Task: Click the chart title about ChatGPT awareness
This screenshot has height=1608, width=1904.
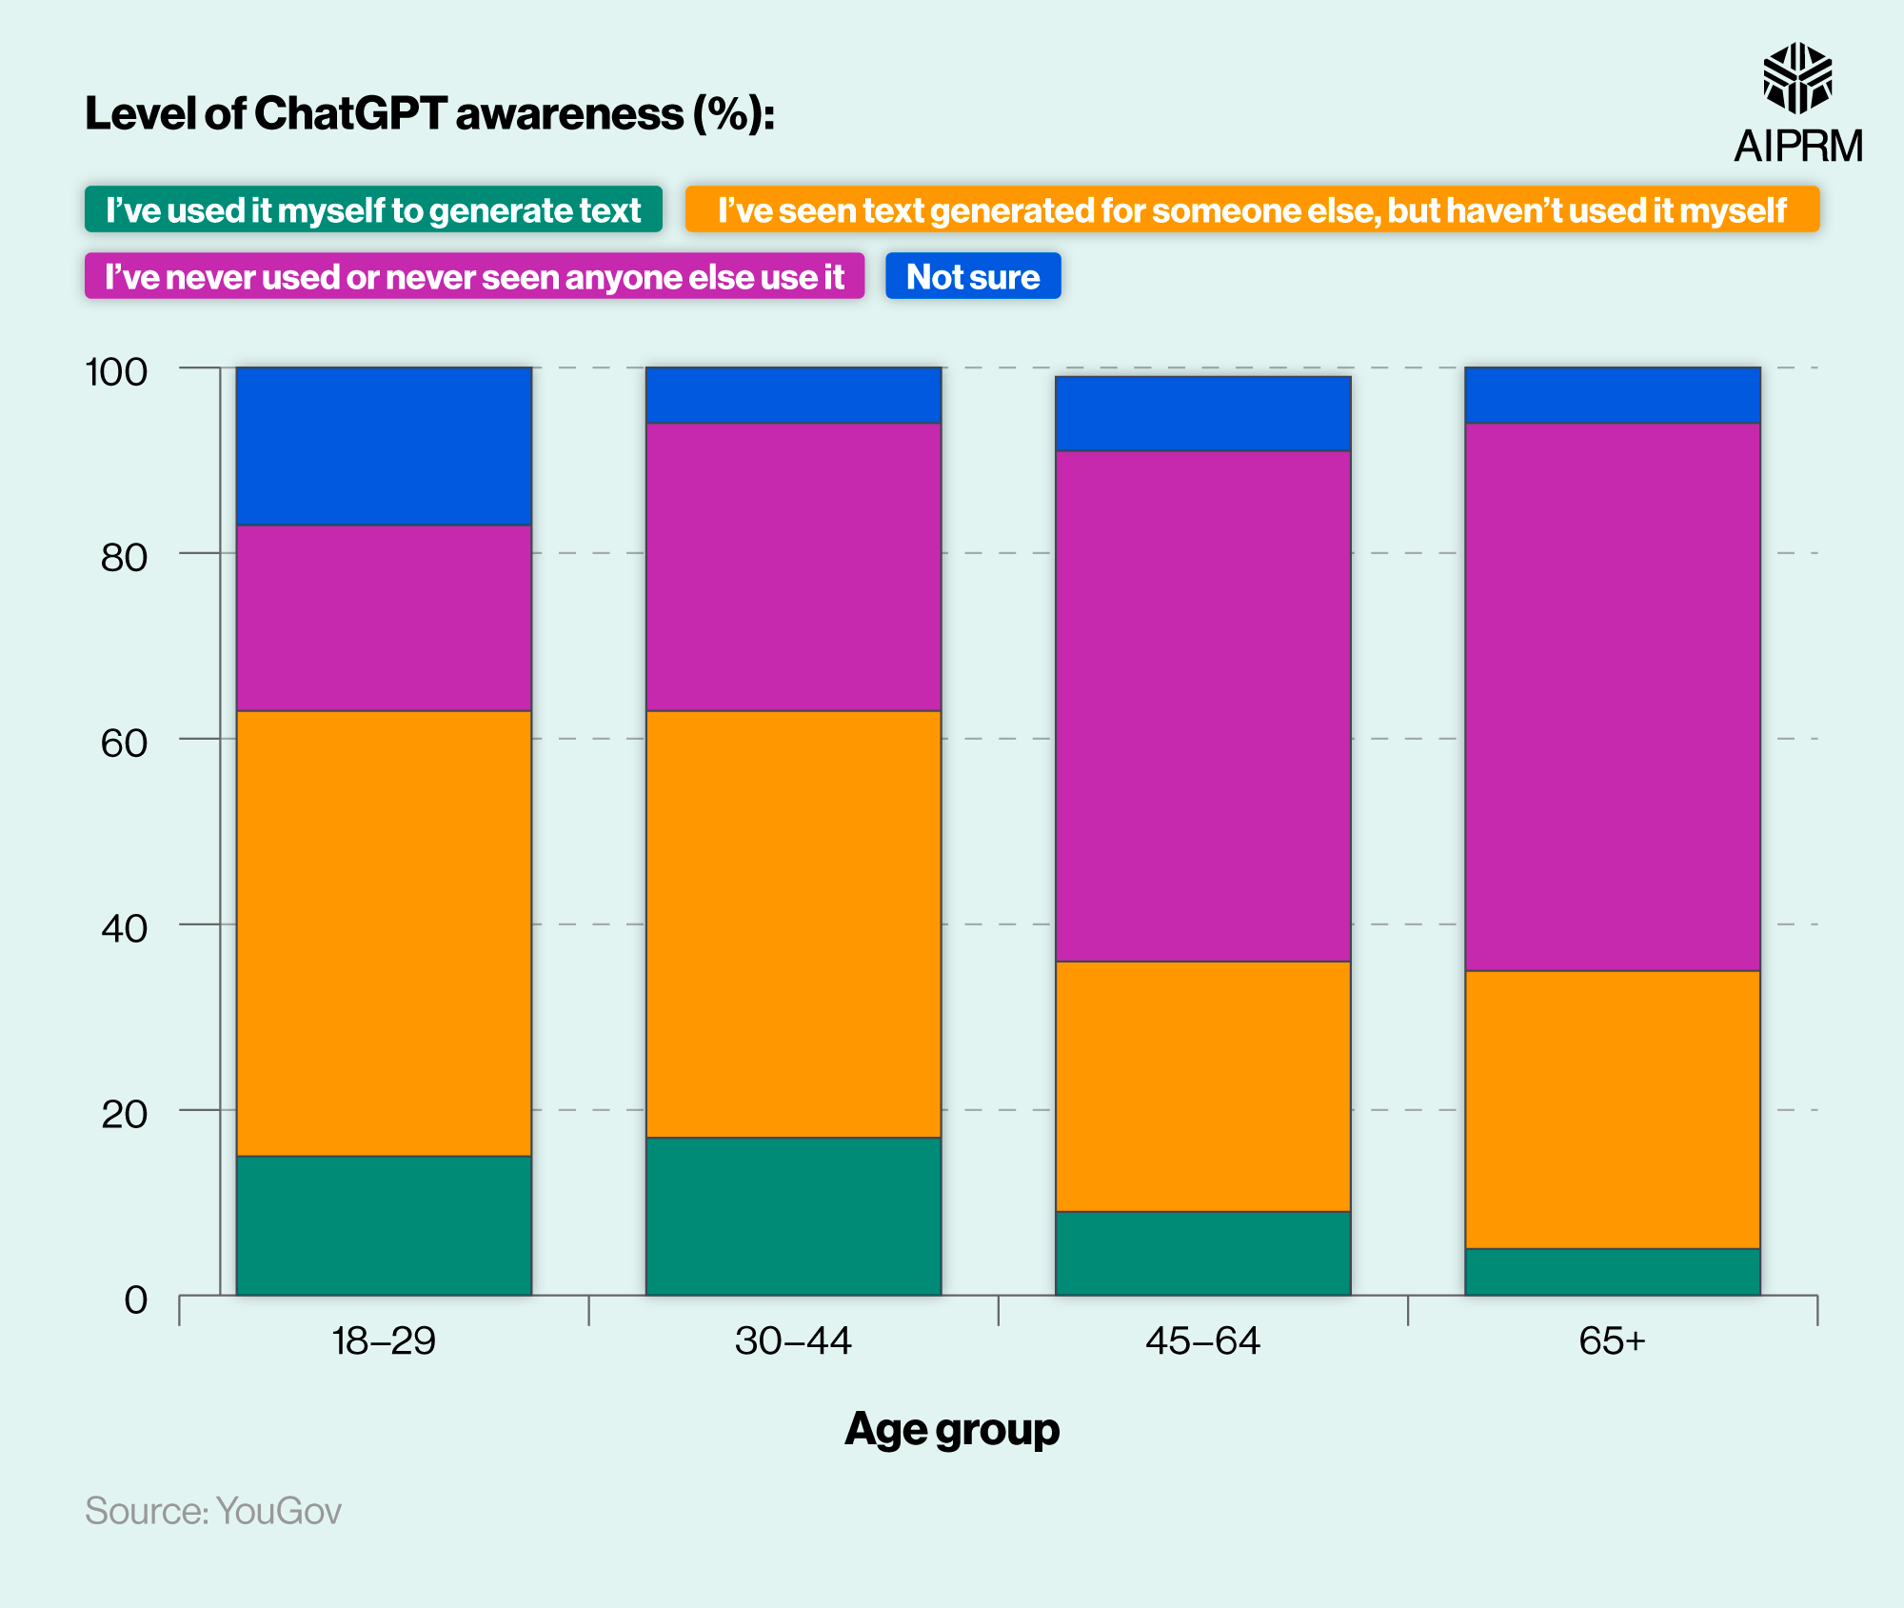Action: (429, 114)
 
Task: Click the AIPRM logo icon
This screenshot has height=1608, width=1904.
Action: (1797, 78)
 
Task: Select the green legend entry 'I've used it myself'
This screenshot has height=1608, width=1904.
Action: (373, 209)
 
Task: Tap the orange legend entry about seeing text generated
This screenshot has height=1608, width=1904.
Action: (1252, 209)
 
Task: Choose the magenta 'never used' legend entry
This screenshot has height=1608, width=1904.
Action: (474, 276)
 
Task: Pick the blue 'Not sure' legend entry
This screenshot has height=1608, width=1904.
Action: (973, 276)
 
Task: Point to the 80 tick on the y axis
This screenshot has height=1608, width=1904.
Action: (125, 558)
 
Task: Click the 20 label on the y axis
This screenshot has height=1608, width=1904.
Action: (125, 1114)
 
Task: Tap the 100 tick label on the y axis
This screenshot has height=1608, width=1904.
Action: (117, 372)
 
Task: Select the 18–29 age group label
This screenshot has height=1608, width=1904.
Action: (384, 1341)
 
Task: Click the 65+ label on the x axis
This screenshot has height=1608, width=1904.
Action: (1612, 1341)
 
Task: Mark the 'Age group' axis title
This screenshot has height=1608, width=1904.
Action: (952, 1429)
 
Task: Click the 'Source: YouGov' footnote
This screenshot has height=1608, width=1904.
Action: (213, 1511)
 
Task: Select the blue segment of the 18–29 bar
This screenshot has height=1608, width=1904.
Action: (384, 446)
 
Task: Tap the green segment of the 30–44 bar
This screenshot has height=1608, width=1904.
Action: (793, 1216)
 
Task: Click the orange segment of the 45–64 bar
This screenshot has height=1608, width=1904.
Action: (1202, 1086)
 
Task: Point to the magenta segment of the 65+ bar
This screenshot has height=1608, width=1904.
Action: (1612, 696)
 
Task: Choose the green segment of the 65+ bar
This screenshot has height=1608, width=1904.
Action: (1612, 1272)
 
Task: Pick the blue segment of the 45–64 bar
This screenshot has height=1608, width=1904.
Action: (1202, 413)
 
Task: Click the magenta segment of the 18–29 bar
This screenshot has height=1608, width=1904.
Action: (384, 617)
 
